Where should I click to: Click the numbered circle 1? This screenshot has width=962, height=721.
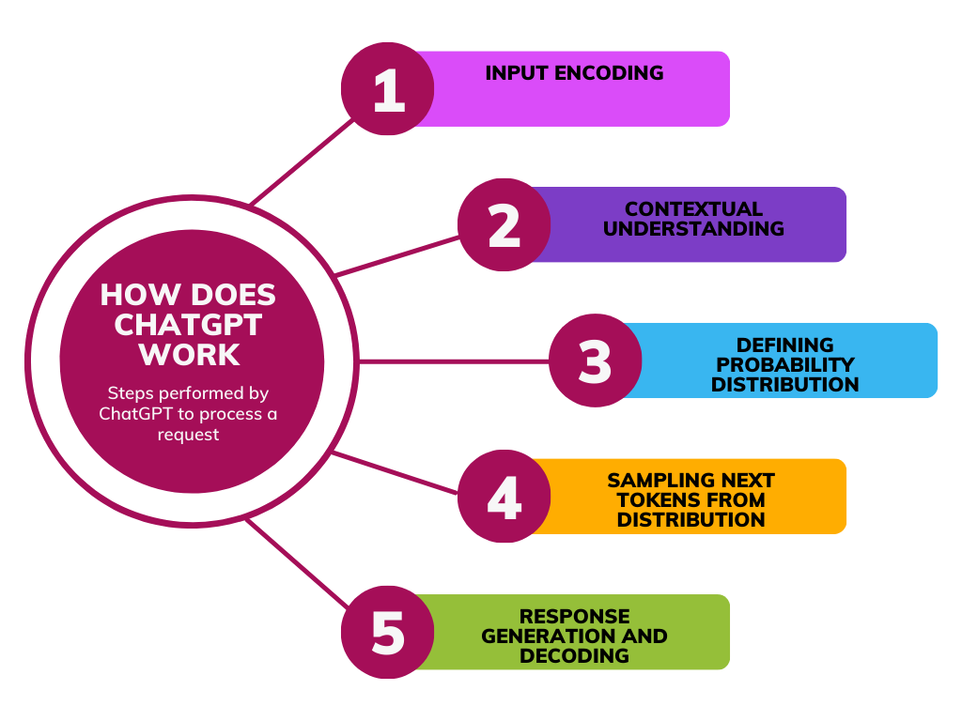click(x=387, y=89)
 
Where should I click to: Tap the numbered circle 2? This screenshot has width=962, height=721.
click(x=504, y=225)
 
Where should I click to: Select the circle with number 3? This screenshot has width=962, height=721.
click(x=595, y=361)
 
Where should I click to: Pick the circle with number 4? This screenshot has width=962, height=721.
click(x=504, y=497)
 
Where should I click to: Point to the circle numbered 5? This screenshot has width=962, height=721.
click(x=387, y=633)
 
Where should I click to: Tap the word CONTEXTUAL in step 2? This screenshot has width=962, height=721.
click(x=693, y=209)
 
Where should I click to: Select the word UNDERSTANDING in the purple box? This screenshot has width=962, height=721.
click(x=693, y=228)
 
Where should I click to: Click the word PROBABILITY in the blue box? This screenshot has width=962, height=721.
click(x=784, y=364)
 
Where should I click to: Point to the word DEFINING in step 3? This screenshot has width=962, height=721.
click(x=784, y=345)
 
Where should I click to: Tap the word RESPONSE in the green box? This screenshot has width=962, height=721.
click(x=574, y=617)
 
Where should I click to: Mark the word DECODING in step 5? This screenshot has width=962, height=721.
click(x=574, y=655)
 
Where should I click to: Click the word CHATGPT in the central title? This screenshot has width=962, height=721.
click(x=188, y=325)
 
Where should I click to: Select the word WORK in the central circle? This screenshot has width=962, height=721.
click(x=188, y=355)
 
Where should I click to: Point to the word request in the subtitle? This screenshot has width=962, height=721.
click(x=189, y=435)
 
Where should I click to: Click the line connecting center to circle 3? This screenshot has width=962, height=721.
click(x=451, y=360)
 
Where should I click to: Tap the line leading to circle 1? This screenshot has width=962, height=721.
click(x=301, y=162)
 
